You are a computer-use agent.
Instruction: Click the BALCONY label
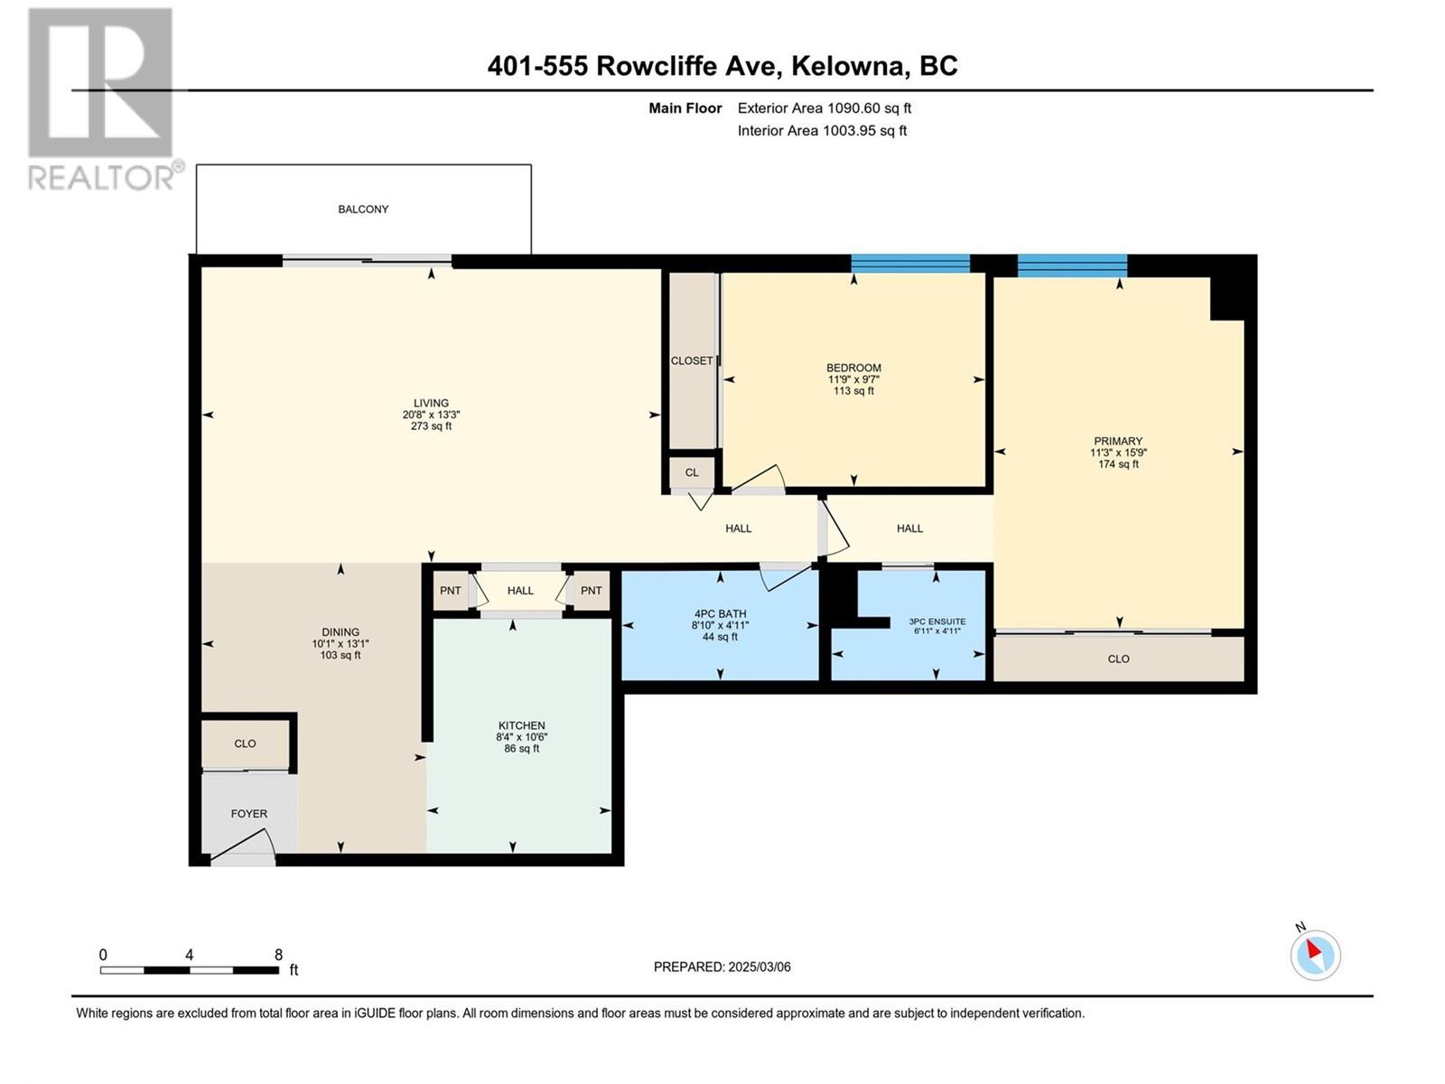(363, 210)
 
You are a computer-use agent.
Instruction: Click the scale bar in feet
(190, 970)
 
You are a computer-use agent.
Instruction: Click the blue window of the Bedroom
(910, 264)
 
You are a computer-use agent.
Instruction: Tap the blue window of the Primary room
(1072, 266)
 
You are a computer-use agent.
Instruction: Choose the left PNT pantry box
(451, 591)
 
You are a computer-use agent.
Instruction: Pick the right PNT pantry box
(592, 591)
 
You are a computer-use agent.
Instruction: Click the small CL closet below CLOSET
(691, 472)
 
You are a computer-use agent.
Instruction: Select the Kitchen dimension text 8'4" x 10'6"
(521, 737)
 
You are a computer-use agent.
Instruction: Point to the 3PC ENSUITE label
(937, 621)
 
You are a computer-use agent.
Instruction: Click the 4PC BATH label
(720, 614)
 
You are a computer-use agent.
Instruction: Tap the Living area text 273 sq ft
(431, 425)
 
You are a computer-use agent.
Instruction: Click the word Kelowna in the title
(847, 66)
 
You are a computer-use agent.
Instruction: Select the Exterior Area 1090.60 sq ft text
(825, 107)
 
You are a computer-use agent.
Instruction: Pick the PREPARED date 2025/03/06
(759, 967)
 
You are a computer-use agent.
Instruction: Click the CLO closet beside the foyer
(245, 743)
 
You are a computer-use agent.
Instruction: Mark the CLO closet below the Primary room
(1118, 659)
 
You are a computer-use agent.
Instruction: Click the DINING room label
(340, 631)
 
